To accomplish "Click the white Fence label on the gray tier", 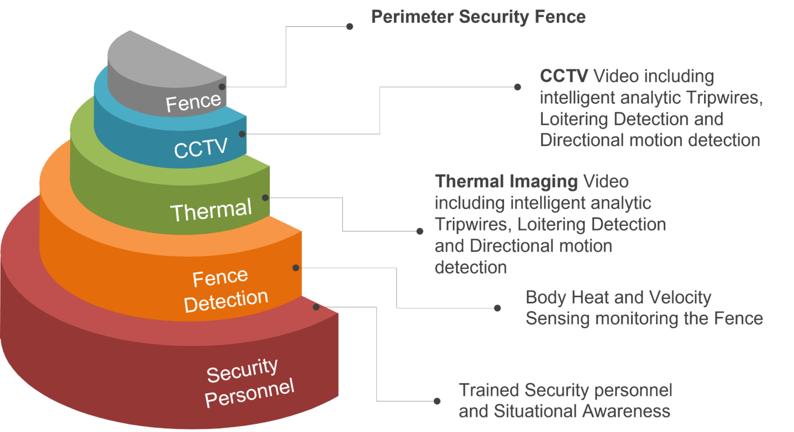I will [193, 102].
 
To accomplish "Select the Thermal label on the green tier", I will [211, 210].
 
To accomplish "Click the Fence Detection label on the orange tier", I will [225, 290].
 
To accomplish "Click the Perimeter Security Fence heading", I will [478, 17].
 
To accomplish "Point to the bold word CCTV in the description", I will [564, 76].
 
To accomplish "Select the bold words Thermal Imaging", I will [506, 182].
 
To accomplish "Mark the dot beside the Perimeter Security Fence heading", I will [350, 26].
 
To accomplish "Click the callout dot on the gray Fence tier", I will [222, 87].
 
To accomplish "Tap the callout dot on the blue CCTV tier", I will [242, 134].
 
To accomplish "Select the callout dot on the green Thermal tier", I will [265, 197].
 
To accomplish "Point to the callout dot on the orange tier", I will [296, 268].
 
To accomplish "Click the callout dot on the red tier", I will [316, 307].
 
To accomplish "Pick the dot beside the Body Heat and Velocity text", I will [497, 308].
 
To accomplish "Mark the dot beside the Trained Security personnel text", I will [437, 401].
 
